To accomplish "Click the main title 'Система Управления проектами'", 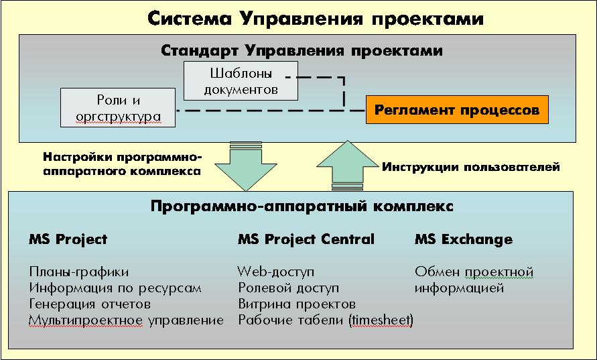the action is click(316, 18).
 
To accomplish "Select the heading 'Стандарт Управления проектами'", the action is click(302, 51).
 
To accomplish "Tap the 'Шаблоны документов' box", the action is click(241, 81).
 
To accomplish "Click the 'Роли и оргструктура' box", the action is click(118, 108).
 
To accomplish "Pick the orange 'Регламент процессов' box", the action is click(457, 110).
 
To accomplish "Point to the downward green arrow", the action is click(246, 166).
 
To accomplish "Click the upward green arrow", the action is click(347, 166).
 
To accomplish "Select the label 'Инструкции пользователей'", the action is click(470, 167).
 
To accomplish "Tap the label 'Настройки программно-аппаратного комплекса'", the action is click(122, 164).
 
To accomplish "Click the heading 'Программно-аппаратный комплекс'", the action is click(302, 206).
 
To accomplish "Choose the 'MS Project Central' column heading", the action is click(306, 239).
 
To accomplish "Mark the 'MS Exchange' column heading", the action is click(464, 239).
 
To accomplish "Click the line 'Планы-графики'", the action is click(79, 272).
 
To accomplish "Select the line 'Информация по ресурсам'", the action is click(115, 288).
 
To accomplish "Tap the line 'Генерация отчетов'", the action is click(90, 304).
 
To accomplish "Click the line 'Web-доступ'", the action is click(275, 272).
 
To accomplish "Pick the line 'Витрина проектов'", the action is click(297, 304).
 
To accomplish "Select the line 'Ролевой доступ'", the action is click(289, 288).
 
